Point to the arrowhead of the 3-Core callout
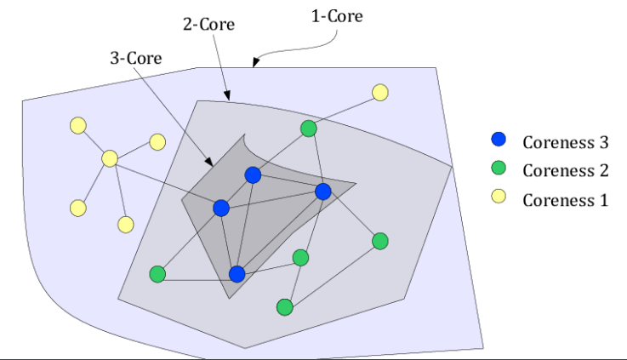(209, 163)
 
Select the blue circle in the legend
(499, 140)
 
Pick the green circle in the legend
(499, 169)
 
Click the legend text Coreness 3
(565, 142)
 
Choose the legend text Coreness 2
(565, 171)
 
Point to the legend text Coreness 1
(565, 200)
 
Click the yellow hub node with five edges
(110, 158)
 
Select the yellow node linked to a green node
(379, 92)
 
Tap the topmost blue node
(253, 174)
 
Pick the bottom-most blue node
(237, 274)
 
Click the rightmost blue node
(323, 191)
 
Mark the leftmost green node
(157, 274)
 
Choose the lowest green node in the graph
(285, 306)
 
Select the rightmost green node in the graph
(380, 241)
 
